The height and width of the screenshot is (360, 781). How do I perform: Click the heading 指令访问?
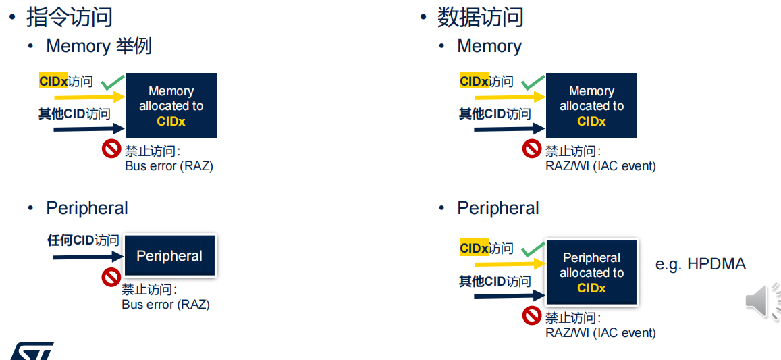[70, 17]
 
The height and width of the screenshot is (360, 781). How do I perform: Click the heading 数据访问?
[480, 17]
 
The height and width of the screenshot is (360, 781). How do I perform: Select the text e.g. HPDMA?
[700, 264]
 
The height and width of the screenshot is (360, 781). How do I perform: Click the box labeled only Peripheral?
[169, 256]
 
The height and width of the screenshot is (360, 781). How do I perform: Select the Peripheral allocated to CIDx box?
[592, 273]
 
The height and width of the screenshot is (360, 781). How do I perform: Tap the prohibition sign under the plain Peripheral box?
[111, 277]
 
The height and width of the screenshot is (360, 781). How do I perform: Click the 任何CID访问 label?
[83, 240]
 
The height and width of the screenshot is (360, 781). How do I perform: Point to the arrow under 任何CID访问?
[88, 257]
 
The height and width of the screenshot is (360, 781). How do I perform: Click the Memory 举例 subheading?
[99, 46]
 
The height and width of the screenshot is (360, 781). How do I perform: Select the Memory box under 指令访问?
[171, 105]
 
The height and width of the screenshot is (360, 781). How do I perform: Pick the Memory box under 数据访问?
[592, 105]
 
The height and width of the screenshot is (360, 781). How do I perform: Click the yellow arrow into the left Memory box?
[89, 97]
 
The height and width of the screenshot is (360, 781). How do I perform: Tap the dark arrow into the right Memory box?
[510, 129]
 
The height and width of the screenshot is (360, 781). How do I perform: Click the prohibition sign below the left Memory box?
[111, 149]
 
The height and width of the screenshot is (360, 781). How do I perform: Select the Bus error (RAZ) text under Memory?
[169, 166]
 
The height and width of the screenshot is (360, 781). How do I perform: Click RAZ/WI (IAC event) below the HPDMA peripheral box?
[601, 332]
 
